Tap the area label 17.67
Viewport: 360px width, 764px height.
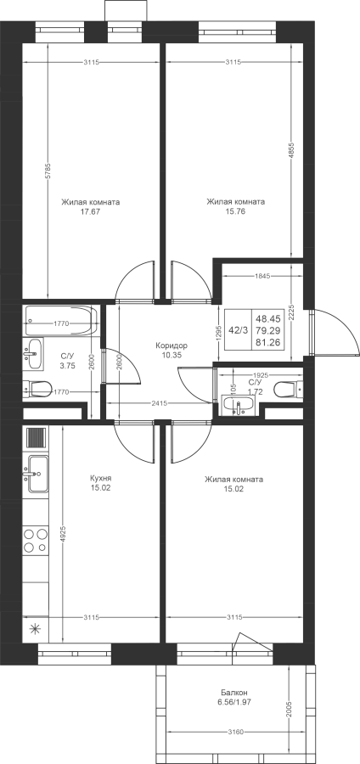pyautogui.click(x=91, y=212)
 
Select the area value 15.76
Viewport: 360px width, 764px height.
pyautogui.click(x=236, y=211)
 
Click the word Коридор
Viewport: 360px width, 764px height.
pyautogui.click(x=172, y=345)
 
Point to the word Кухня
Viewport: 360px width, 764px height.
pyautogui.click(x=101, y=479)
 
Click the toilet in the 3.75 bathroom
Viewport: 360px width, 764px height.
pyautogui.click(x=38, y=389)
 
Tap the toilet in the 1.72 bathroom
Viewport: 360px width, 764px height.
pyautogui.click(x=289, y=390)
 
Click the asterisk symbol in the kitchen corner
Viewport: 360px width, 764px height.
pyautogui.click(x=35, y=628)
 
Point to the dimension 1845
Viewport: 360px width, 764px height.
pyautogui.click(x=263, y=276)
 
